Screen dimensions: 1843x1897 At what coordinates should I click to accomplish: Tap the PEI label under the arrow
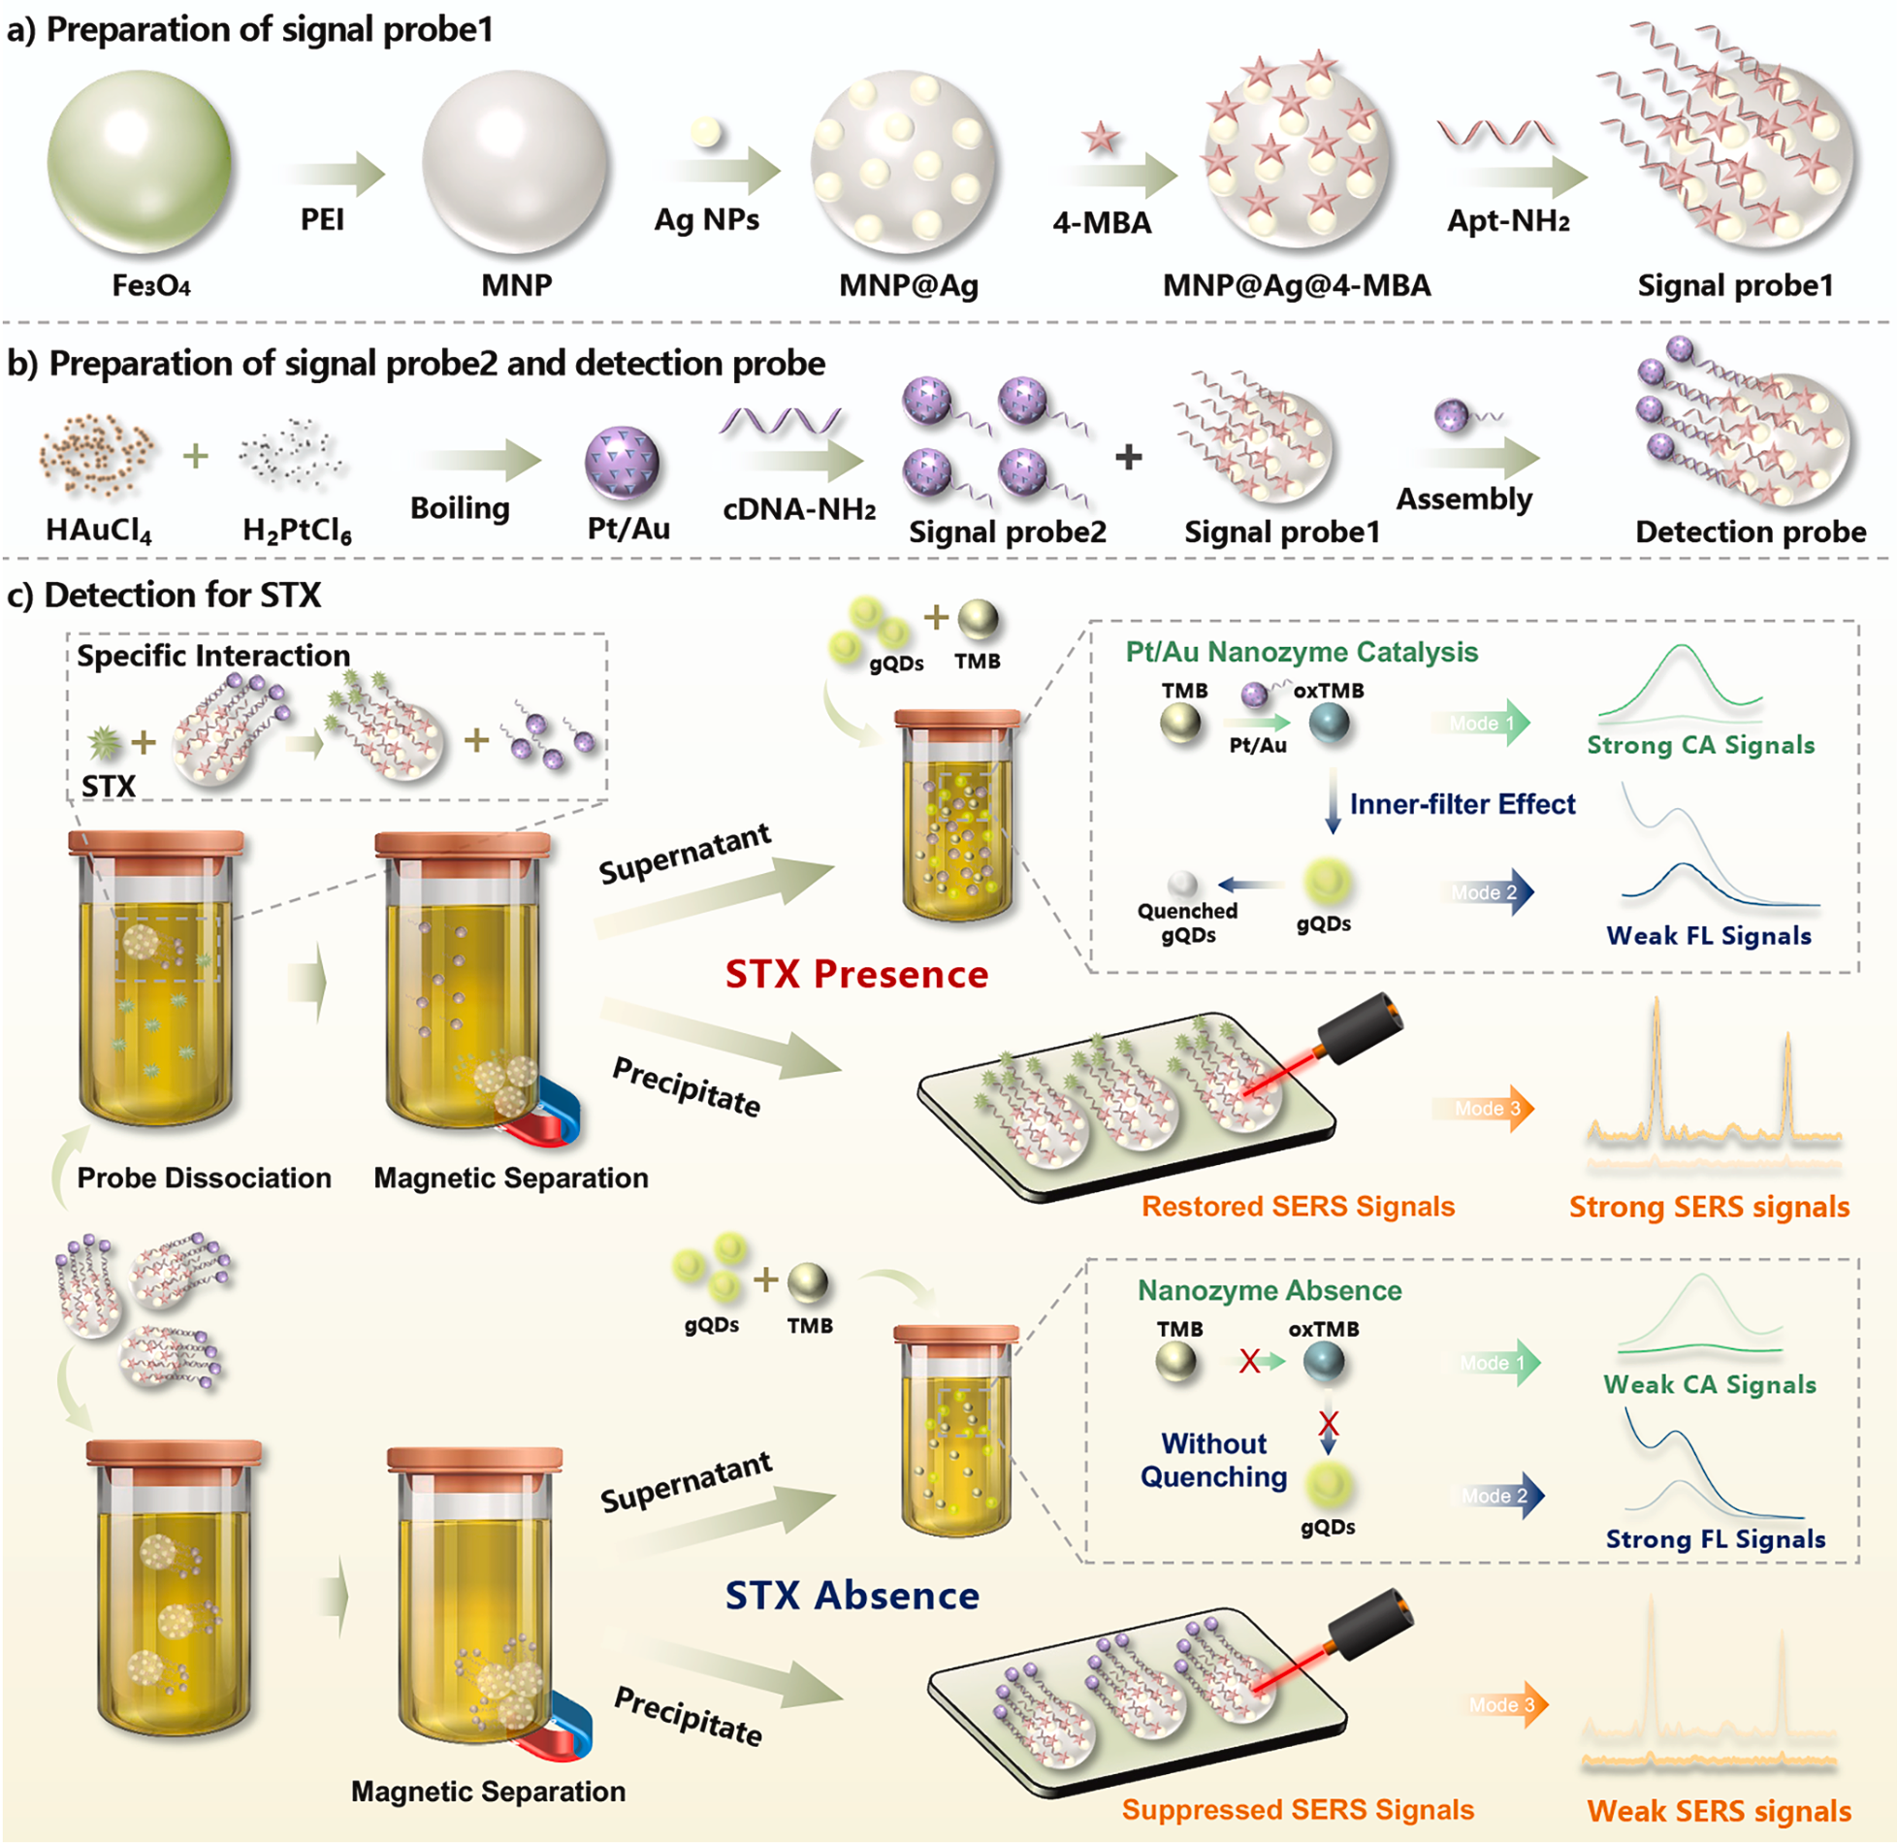(x=322, y=219)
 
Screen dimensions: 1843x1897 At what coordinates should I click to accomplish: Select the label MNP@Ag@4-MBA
(x=1296, y=285)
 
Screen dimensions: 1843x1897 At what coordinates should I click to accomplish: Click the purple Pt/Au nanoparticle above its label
(x=622, y=462)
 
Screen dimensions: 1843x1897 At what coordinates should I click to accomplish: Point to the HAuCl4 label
(x=98, y=530)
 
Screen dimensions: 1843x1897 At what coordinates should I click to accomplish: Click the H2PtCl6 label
(x=297, y=530)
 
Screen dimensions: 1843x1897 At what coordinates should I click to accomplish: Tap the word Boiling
(x=460, y=507)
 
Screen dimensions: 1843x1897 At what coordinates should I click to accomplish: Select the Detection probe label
(x=1750, y=532)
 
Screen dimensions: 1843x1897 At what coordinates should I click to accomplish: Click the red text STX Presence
(x=856, y=974)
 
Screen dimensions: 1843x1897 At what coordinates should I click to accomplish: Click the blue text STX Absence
(x=852, y=1596)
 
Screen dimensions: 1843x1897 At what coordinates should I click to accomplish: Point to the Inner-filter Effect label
(x=1462, y=804)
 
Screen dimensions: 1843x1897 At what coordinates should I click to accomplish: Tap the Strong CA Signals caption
(x=1700, y=745)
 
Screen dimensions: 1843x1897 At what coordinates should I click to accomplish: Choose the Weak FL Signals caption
(x=1708, y=936)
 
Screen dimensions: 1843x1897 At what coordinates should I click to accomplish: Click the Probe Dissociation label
(x=204, y=1178)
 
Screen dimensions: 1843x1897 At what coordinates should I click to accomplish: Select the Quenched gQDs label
(x=1187, y=922)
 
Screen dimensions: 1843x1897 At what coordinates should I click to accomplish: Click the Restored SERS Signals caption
(x=1298, y=1206)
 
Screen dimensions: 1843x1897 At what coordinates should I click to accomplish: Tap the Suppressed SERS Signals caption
(x=1297, y=1809)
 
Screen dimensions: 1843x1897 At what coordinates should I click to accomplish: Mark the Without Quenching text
(x=1213, y=1460)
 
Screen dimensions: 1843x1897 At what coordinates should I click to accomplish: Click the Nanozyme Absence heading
(x=1269, y=1290)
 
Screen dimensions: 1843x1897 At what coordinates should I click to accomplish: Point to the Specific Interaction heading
(x=213, y=656)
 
